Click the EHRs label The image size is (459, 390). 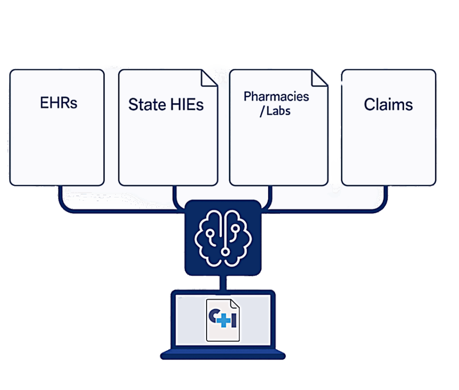coord(59,103)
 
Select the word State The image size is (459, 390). coord(147,105)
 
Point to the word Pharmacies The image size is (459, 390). coord(276,96)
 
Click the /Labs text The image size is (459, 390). coord(275,111)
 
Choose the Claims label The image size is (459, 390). coord(389,105)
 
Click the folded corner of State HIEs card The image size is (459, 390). coord(209,78)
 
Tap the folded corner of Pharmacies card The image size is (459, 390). coord(319,78)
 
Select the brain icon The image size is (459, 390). coord(223,238)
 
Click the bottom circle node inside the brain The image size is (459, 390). coord(225,252)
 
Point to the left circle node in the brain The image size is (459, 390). coord(210,233)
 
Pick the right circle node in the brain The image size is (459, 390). coord(235,228)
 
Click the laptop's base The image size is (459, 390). coord(223,354)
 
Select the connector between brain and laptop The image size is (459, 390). coord(223,283)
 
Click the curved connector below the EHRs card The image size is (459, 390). coord(117,210)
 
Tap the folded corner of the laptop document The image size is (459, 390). coord(235,304)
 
